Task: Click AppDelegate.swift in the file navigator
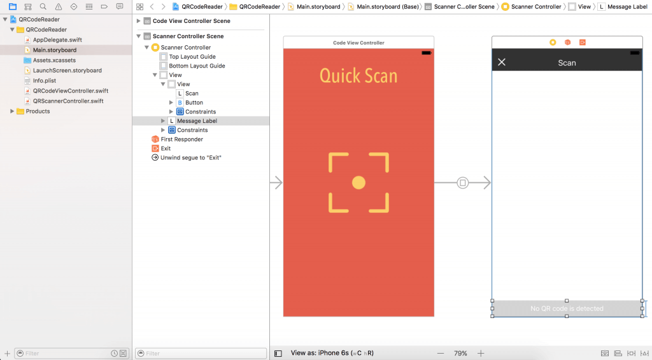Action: click(57, 40)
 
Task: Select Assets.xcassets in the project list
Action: click(54, 60)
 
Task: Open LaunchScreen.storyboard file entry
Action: click(67, 70)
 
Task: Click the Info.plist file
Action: click(45, 80)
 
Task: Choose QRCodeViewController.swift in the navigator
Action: click(70, 90)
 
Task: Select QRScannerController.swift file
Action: click(67, 101)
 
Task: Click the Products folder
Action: click(38, 111)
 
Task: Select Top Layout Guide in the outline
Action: click(192, 57)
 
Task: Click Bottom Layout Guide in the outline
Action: click(197, 66)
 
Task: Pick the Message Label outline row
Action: click(197, 120)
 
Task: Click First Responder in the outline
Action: click(181, 139)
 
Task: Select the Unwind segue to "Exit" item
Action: click(190, 157)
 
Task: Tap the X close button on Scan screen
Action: click(502, 62)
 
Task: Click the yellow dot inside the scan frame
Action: click(358, 183)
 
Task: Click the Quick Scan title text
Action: click(358, 76)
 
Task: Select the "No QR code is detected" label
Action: click(567, 308)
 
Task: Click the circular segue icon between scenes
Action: click(463, 183)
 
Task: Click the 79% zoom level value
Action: click(460, 353)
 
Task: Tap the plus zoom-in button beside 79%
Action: click(481, 353)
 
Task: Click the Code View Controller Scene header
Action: click(191, 21)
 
